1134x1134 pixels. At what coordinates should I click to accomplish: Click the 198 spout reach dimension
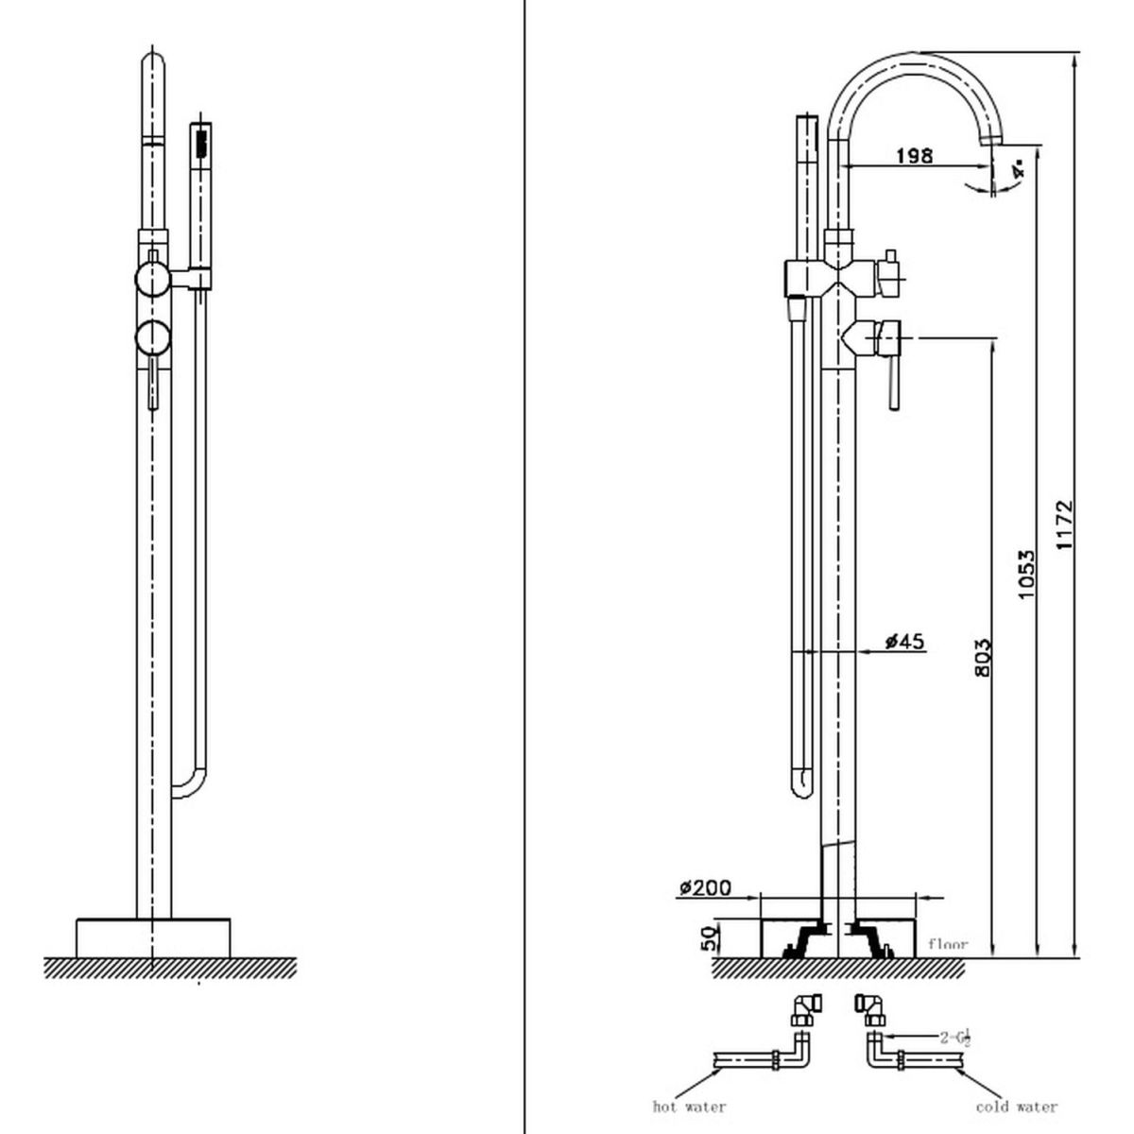[914, 155]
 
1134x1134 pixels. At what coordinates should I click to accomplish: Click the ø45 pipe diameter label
[904, 643]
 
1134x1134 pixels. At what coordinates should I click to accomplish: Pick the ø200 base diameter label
[706, 887]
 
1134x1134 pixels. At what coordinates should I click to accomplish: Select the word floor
[948, 943]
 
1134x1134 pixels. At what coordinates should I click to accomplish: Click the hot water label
[689, 1106]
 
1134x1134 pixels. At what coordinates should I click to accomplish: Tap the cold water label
[1017, 1106]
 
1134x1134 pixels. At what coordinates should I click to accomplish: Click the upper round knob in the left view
[151, 279]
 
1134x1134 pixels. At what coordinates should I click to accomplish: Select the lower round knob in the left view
[151, 337]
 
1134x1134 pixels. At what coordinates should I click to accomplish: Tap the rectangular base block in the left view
[153, 936]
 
